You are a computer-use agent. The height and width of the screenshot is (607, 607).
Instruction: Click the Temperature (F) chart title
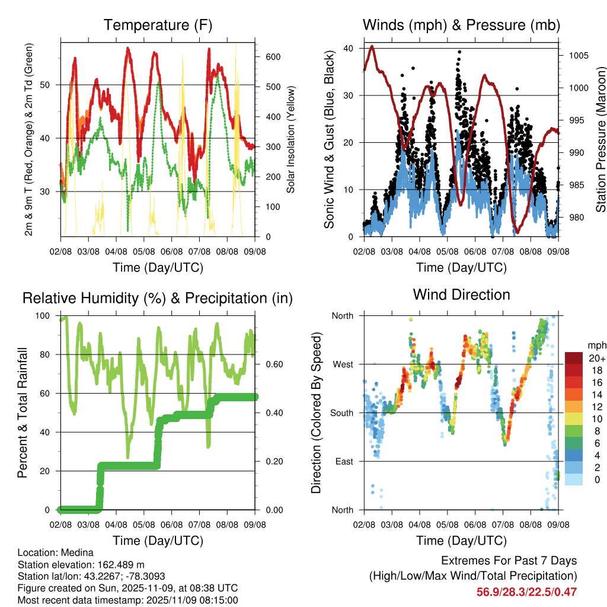pos(158,25)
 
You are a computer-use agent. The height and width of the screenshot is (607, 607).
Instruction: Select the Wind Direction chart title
pos(461,294)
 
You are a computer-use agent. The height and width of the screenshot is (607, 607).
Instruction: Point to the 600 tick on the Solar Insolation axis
pos(273,57)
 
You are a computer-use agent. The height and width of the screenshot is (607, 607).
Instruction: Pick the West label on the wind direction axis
pos(342,364)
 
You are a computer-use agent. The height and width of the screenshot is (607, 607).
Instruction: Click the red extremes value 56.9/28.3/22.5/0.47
pos(526,592)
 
